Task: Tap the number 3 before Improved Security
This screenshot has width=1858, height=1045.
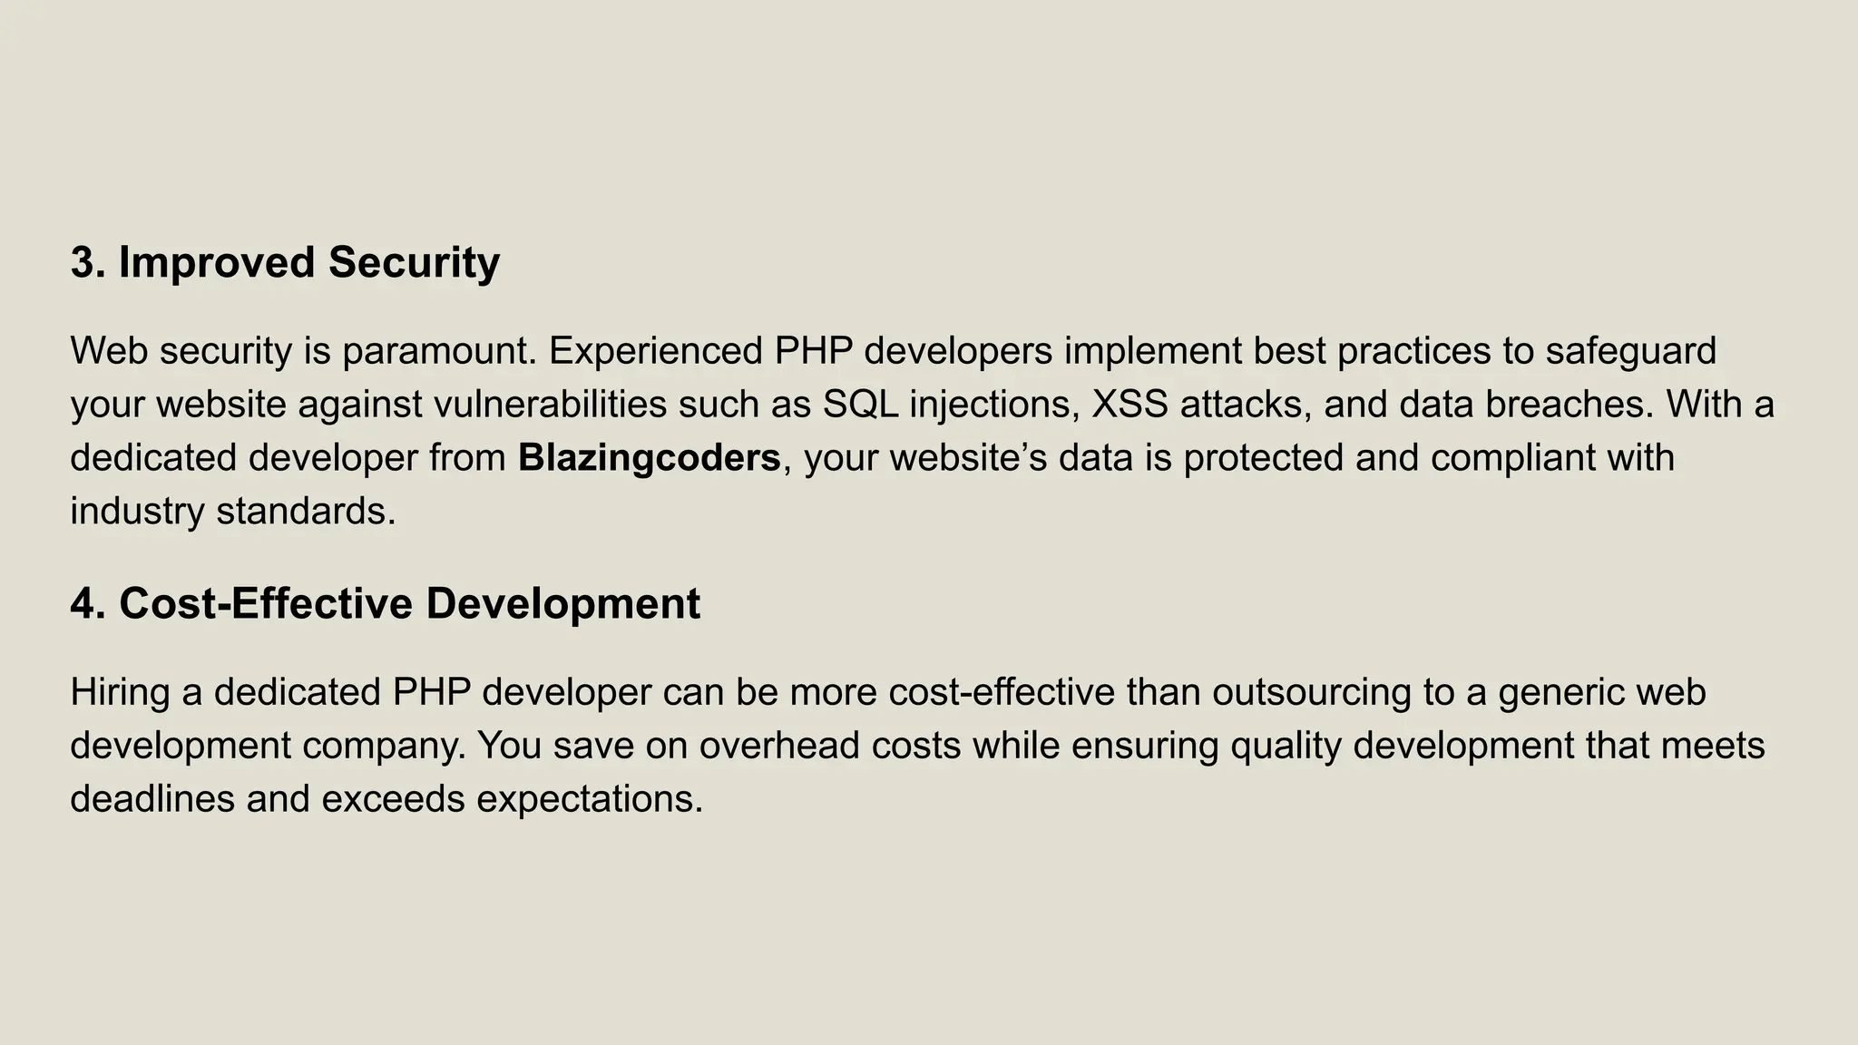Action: [x=83, y=263]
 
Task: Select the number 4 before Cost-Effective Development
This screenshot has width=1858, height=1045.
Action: [x=83, y=604]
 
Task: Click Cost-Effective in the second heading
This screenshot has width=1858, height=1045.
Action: [x=266, y=604]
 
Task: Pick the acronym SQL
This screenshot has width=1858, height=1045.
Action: [x=860, y=405]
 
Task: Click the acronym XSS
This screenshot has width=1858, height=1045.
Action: [x=1129, y=405]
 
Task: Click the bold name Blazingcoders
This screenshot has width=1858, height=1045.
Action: [x=649, y=458]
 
